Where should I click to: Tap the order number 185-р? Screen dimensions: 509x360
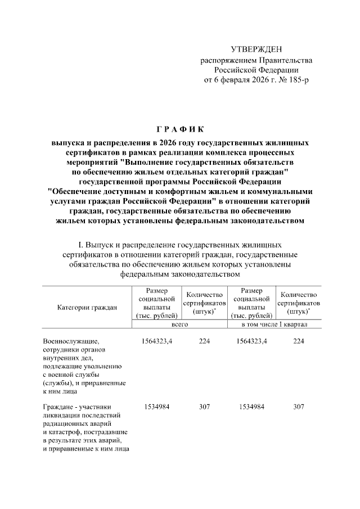298,80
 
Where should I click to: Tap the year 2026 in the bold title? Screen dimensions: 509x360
168,142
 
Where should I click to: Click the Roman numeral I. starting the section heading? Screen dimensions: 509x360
80,245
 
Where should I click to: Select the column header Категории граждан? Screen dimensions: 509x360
87,307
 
